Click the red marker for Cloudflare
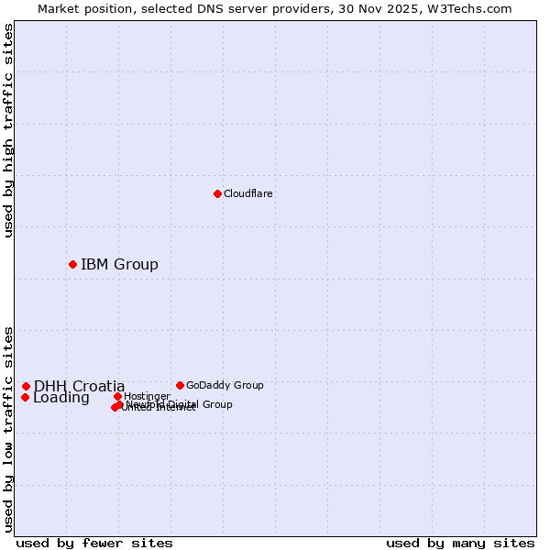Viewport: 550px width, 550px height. tap(217, 193)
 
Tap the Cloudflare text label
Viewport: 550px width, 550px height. tap(247, 193)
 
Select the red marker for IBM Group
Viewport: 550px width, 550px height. tap(72, 264)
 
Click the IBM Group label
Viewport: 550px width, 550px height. tap(119, 265)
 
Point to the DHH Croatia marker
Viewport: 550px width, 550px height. tap(27, 386)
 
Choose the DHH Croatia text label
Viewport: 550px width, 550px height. tap(80, 386)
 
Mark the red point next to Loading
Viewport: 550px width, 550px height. tap(25, 397)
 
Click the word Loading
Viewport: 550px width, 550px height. tap(61, 398)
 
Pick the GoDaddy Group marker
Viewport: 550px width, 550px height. tap(180, 385)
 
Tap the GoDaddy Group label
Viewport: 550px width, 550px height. tap(225, 385)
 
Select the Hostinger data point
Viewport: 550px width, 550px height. tap(117, 396)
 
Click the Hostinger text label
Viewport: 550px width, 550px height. tap(147, 396)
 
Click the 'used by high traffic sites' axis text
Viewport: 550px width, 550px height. tap(8, 130)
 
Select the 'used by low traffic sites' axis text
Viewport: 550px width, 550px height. tap(8, 428)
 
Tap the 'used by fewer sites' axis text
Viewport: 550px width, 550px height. tap(94, 543)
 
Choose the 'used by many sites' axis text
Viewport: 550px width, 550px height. tap(460, 543)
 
